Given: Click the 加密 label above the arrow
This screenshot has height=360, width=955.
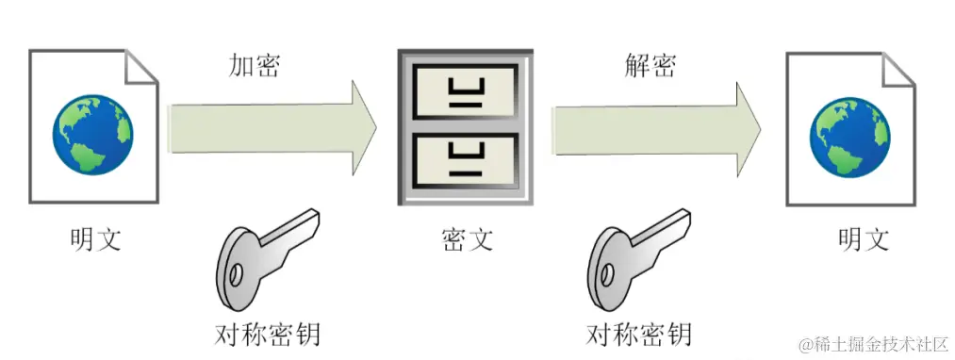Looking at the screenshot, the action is tap(254, 66).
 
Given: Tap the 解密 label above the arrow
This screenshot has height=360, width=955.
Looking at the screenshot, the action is tap(650, 65).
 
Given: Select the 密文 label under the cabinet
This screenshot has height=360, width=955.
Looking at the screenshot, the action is tap(467, 239).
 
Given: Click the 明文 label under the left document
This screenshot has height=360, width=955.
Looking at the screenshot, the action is tap(94, 239).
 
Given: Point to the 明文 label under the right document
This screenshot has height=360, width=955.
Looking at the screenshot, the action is tap(864, 238).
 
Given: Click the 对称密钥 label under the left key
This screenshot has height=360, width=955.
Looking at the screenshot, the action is tap(268, 334).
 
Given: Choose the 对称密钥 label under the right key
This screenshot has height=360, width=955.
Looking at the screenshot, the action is tap(639, 334).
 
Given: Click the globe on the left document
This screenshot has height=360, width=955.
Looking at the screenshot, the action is tap(92, 135).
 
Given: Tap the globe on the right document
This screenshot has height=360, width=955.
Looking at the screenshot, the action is tap(849, 137).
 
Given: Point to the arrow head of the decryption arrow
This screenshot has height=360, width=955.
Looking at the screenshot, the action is tap(749, 130).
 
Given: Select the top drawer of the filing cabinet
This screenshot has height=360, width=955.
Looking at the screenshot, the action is tap(466, 91).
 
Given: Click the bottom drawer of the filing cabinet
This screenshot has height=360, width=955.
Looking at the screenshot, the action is tap(466, 159).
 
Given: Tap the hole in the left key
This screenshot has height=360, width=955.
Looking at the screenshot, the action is tap(237, 275).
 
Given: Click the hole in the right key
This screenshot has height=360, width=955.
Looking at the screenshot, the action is tap(606, 275).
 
